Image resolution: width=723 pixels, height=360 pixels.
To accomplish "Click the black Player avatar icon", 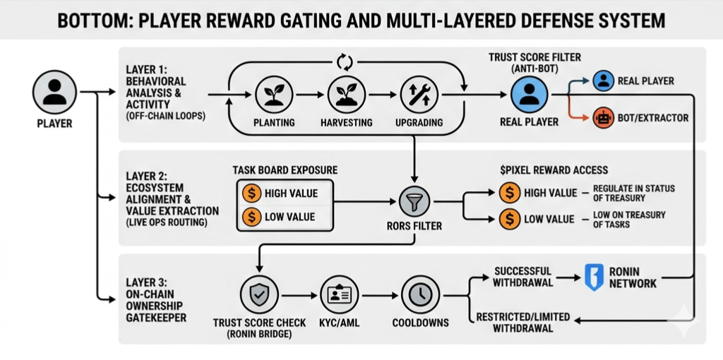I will tap(54, 92).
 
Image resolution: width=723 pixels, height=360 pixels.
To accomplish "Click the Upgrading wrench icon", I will tap(419, 94).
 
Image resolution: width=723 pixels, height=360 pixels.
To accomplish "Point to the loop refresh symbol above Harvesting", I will tap(345, 62).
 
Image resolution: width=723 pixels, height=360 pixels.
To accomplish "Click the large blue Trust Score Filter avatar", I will tap(529, 94).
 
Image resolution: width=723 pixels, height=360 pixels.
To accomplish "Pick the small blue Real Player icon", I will tap(603, 80).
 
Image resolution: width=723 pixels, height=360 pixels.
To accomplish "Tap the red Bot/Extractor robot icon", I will tap(603, 117).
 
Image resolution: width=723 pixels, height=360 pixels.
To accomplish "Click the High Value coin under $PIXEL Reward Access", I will tap(509, 193).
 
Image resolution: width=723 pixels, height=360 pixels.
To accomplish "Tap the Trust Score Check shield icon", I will tap(258, 294).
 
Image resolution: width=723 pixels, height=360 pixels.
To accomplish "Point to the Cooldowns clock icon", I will tap(419, 294).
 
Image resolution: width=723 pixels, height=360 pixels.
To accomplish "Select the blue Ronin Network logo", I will tap(594, 277).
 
